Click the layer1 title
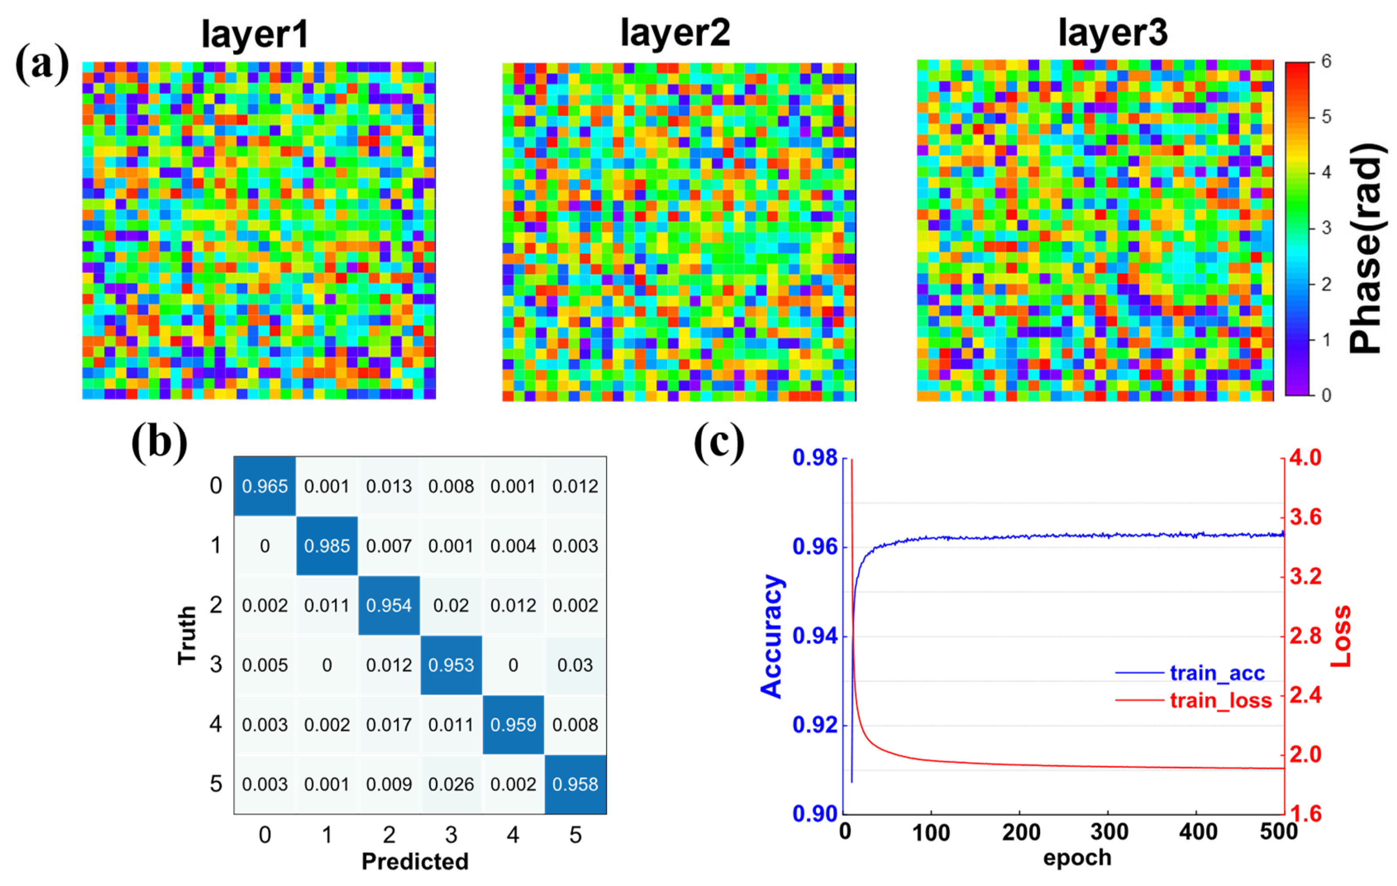pos(255,35)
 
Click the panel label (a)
pos(42,65)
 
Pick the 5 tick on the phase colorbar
pos(1326,117)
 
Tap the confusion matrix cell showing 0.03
pos(575,665)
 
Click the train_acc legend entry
pos(1217,673)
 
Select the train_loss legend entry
pos(1220,701)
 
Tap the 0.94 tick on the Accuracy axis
pos(815,637)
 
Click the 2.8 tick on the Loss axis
pos(1305,636)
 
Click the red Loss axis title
pos(1341,636)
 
